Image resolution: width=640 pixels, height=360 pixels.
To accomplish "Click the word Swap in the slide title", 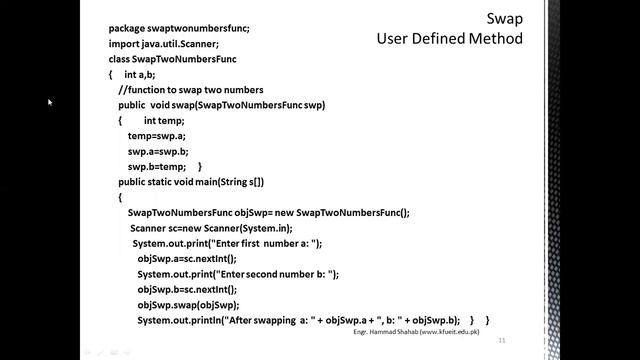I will [504, 19].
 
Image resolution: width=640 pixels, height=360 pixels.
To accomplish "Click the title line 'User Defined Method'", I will [449, 39].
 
